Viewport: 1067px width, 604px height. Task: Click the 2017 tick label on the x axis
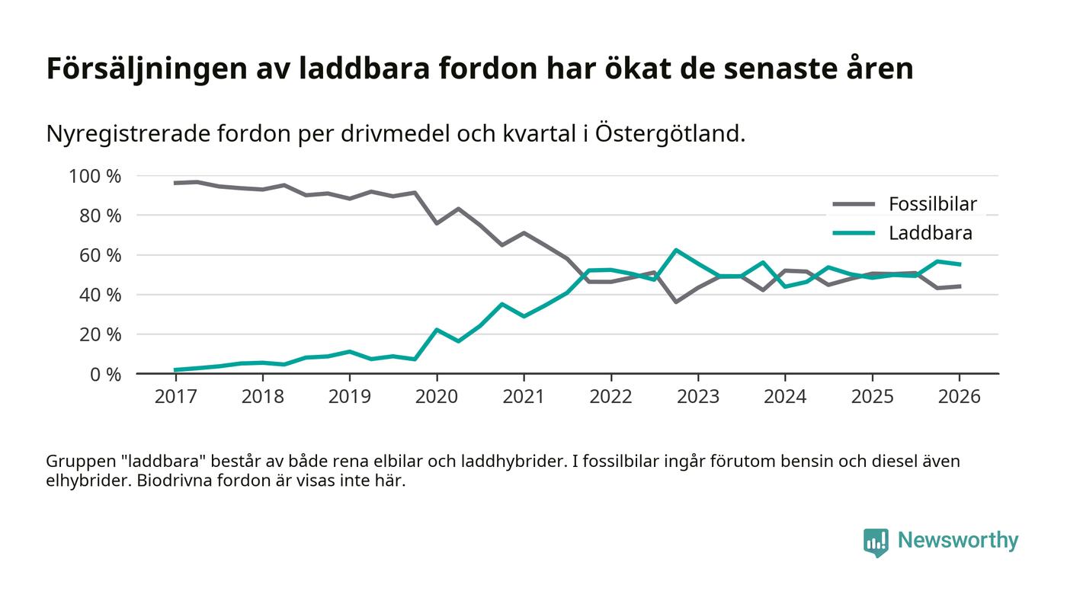(x=175, y=398)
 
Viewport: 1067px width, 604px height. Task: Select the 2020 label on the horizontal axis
(x=437, y=398)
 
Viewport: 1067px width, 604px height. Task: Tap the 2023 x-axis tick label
(x=697, y=398)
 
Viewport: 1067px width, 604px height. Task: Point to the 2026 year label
(x=959, y=398)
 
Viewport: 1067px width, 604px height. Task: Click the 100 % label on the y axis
(x=95, y=176)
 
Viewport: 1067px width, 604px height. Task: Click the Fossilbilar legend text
(x=932, y=204)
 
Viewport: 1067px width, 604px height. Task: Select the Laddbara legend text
(x=930, y=233)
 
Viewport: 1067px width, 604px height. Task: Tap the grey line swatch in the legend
(x=854, y=204)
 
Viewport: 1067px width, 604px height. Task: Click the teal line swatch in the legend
(x=854, y=233)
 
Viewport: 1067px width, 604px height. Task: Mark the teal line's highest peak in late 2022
(x=675, y=250)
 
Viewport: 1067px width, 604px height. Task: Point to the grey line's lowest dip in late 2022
(x=675, y=302)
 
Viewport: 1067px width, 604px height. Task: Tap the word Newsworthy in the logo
(x=957, y=541)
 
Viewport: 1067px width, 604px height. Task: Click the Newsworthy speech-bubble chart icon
(x=876, y=542)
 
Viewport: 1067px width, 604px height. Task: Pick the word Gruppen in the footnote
(x=79, y=462)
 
